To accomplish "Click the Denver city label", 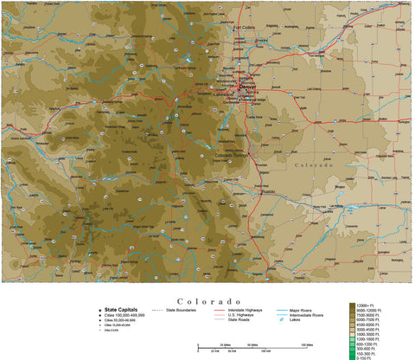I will pyautogui.click(x=248, y=87).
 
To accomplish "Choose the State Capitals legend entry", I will pyautogui.click(x=122, y=309).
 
